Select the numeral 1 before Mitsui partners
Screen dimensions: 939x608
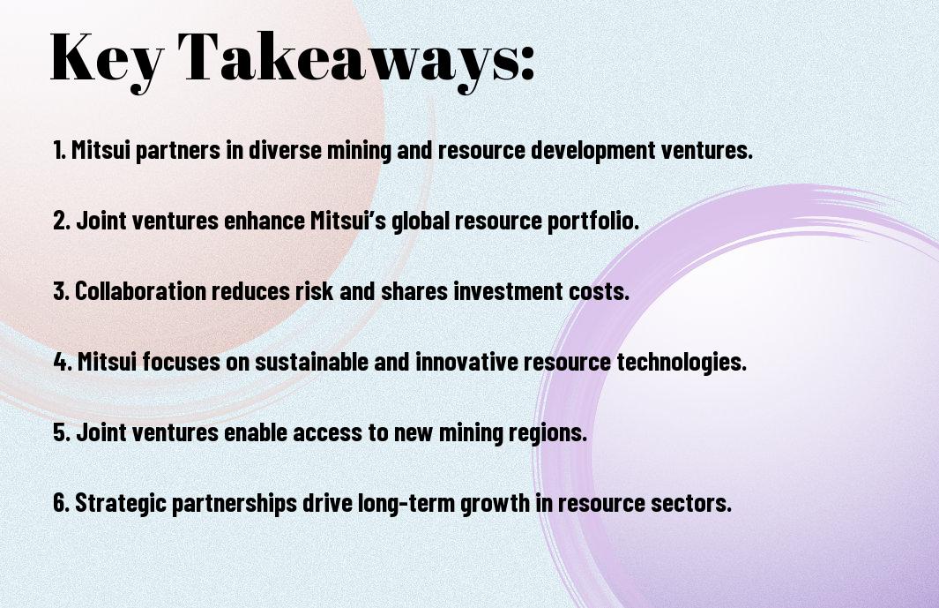click(57, 150)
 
